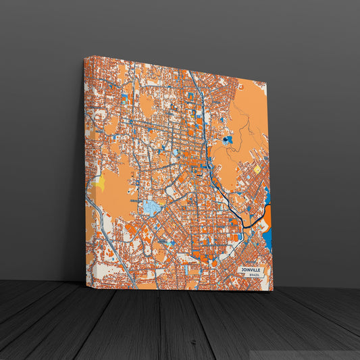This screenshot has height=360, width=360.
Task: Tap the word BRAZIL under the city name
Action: pos(254,276)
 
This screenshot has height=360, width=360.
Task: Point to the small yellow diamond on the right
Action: pos(257,170)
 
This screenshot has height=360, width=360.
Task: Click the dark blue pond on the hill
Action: pos(228,140)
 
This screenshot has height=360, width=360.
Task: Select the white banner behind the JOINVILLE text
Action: pos(251,272)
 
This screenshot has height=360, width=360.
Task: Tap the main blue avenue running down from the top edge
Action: pos(198,101)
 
